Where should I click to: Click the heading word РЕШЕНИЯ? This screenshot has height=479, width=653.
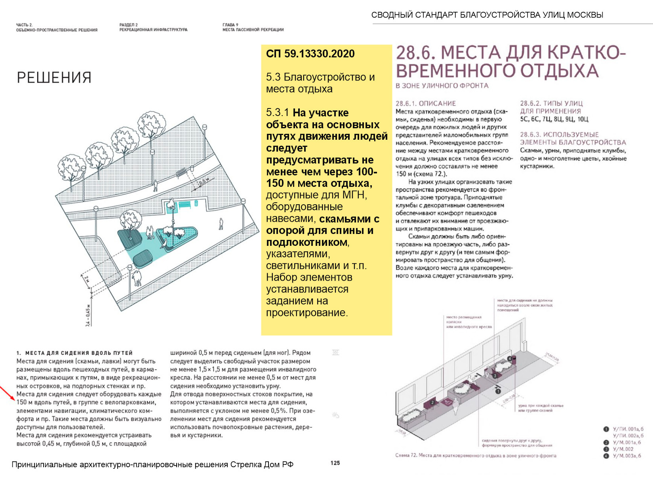coord(54,78)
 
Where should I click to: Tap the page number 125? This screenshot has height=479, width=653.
coord(335,463)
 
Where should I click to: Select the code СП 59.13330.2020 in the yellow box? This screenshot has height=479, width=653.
coord(310,54)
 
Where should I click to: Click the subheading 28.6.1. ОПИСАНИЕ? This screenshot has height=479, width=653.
coord(426,103)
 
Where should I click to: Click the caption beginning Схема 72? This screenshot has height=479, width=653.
coord(476,456)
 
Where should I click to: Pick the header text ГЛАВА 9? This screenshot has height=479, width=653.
coord(230,25)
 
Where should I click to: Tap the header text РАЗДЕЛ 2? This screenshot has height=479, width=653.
coord(128,25)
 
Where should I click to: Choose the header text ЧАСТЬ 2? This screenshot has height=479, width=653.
coord(24,25)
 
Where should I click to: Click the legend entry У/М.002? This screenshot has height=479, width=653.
coord(623,449)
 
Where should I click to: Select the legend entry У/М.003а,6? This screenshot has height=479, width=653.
coord(627,456)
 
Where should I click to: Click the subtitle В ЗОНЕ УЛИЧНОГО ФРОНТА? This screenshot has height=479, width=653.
coord(442,86)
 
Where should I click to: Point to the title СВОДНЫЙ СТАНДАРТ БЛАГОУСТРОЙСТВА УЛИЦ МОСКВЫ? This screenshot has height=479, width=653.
coord(487,15)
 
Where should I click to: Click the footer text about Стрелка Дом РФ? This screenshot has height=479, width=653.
coord(152,464)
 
